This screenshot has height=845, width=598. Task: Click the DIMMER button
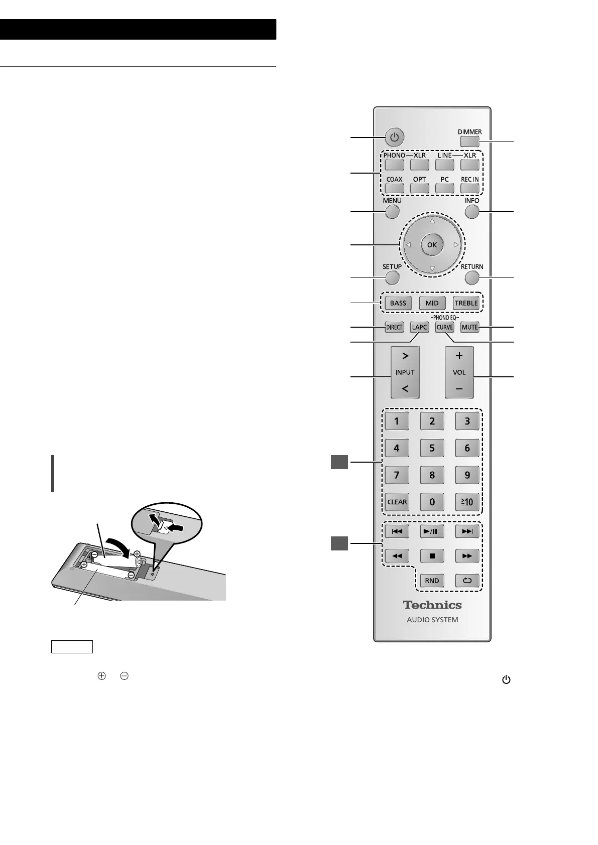tap(469, 142)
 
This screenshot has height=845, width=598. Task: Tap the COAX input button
tap(394, 188)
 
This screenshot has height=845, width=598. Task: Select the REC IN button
tap(469, 188)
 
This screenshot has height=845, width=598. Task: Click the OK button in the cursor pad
tap(432, 245)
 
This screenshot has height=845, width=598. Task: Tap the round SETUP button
tap(392, 277)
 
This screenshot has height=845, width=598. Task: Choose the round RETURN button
tap(471, 277)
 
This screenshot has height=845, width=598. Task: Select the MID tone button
tap(432, 303)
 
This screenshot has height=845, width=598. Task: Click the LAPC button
tap(419, 327)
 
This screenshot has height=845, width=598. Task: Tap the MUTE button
tap(469, 327)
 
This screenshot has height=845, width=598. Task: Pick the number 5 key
tap(432, 448)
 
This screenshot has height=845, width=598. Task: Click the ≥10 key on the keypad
tap(467, 502)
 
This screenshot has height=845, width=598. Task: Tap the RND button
tap(432, 581)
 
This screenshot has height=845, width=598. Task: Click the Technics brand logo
tap(432, 605)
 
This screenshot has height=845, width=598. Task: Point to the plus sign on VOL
tap(459, 356)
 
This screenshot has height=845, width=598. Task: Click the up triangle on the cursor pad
tap(432, 221)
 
